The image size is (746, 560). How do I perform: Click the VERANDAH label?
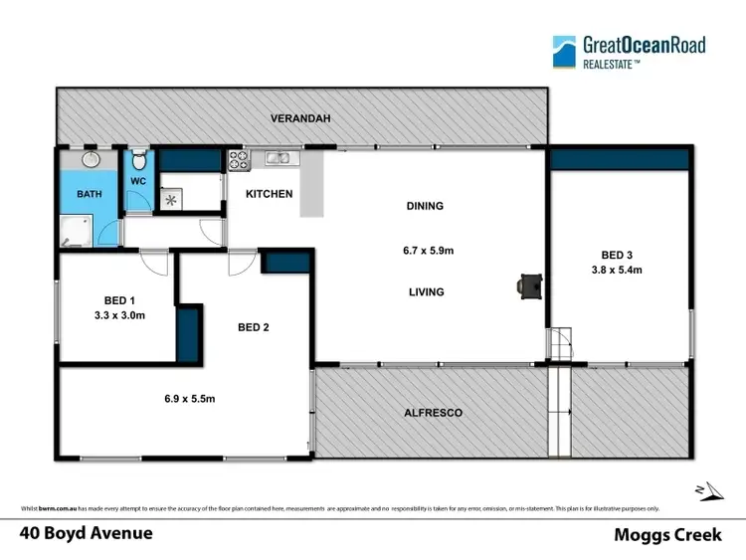(300, 118)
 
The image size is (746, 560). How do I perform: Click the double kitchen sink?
(278, 157)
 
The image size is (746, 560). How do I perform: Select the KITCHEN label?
(270, 194)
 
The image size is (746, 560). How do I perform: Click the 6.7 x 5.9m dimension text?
(424, 251)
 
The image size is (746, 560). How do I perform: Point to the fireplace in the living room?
(528, 286)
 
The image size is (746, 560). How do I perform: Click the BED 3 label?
(617, 253)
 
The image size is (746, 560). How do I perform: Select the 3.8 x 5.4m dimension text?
(617, 270)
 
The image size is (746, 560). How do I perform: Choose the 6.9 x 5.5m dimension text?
(189, 399)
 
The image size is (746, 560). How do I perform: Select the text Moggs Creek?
(672, 534)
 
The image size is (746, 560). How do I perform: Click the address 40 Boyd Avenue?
(88, 533)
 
